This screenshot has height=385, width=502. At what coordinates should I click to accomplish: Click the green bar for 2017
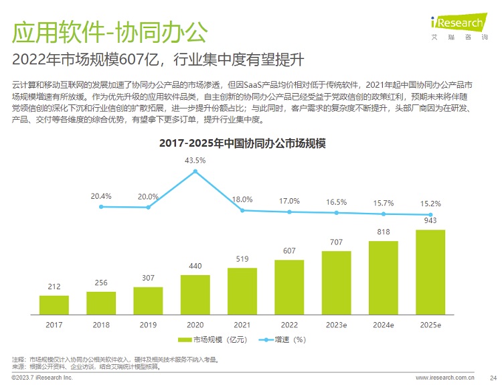click(x=54, y=305)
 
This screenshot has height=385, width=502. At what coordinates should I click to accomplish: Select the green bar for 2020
click(x=195, y=295)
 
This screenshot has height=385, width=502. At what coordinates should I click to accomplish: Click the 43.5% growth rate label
click(x=195, y=161)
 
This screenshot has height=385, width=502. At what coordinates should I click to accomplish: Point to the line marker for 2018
click(x=101, y=207)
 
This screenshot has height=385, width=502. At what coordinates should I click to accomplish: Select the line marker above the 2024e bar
click(x=384, y=214)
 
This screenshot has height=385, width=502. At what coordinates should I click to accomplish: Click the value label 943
click(x=430, y=221)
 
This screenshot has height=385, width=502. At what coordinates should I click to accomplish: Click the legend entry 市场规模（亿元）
click(x=213, y=339)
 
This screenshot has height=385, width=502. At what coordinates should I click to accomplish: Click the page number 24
click(x=493, y=378)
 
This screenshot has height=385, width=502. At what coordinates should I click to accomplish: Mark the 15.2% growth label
click(x=430, y=204)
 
